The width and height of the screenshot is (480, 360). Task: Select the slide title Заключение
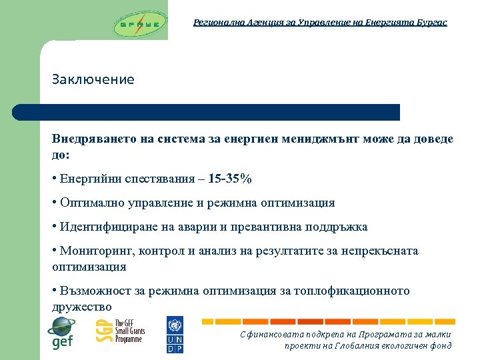pos(93,79)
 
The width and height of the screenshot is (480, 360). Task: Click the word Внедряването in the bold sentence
pos(95,139)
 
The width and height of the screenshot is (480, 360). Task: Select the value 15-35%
pos(229,179)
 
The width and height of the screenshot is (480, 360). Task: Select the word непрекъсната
pos(379,251)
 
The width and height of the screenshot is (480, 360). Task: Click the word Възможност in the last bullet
pos(94,291)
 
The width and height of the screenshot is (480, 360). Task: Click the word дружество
pos(82,307)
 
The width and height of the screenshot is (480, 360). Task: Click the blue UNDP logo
pos(174,335)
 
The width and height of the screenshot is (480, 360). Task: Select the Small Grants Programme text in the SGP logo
pos(129,331)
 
